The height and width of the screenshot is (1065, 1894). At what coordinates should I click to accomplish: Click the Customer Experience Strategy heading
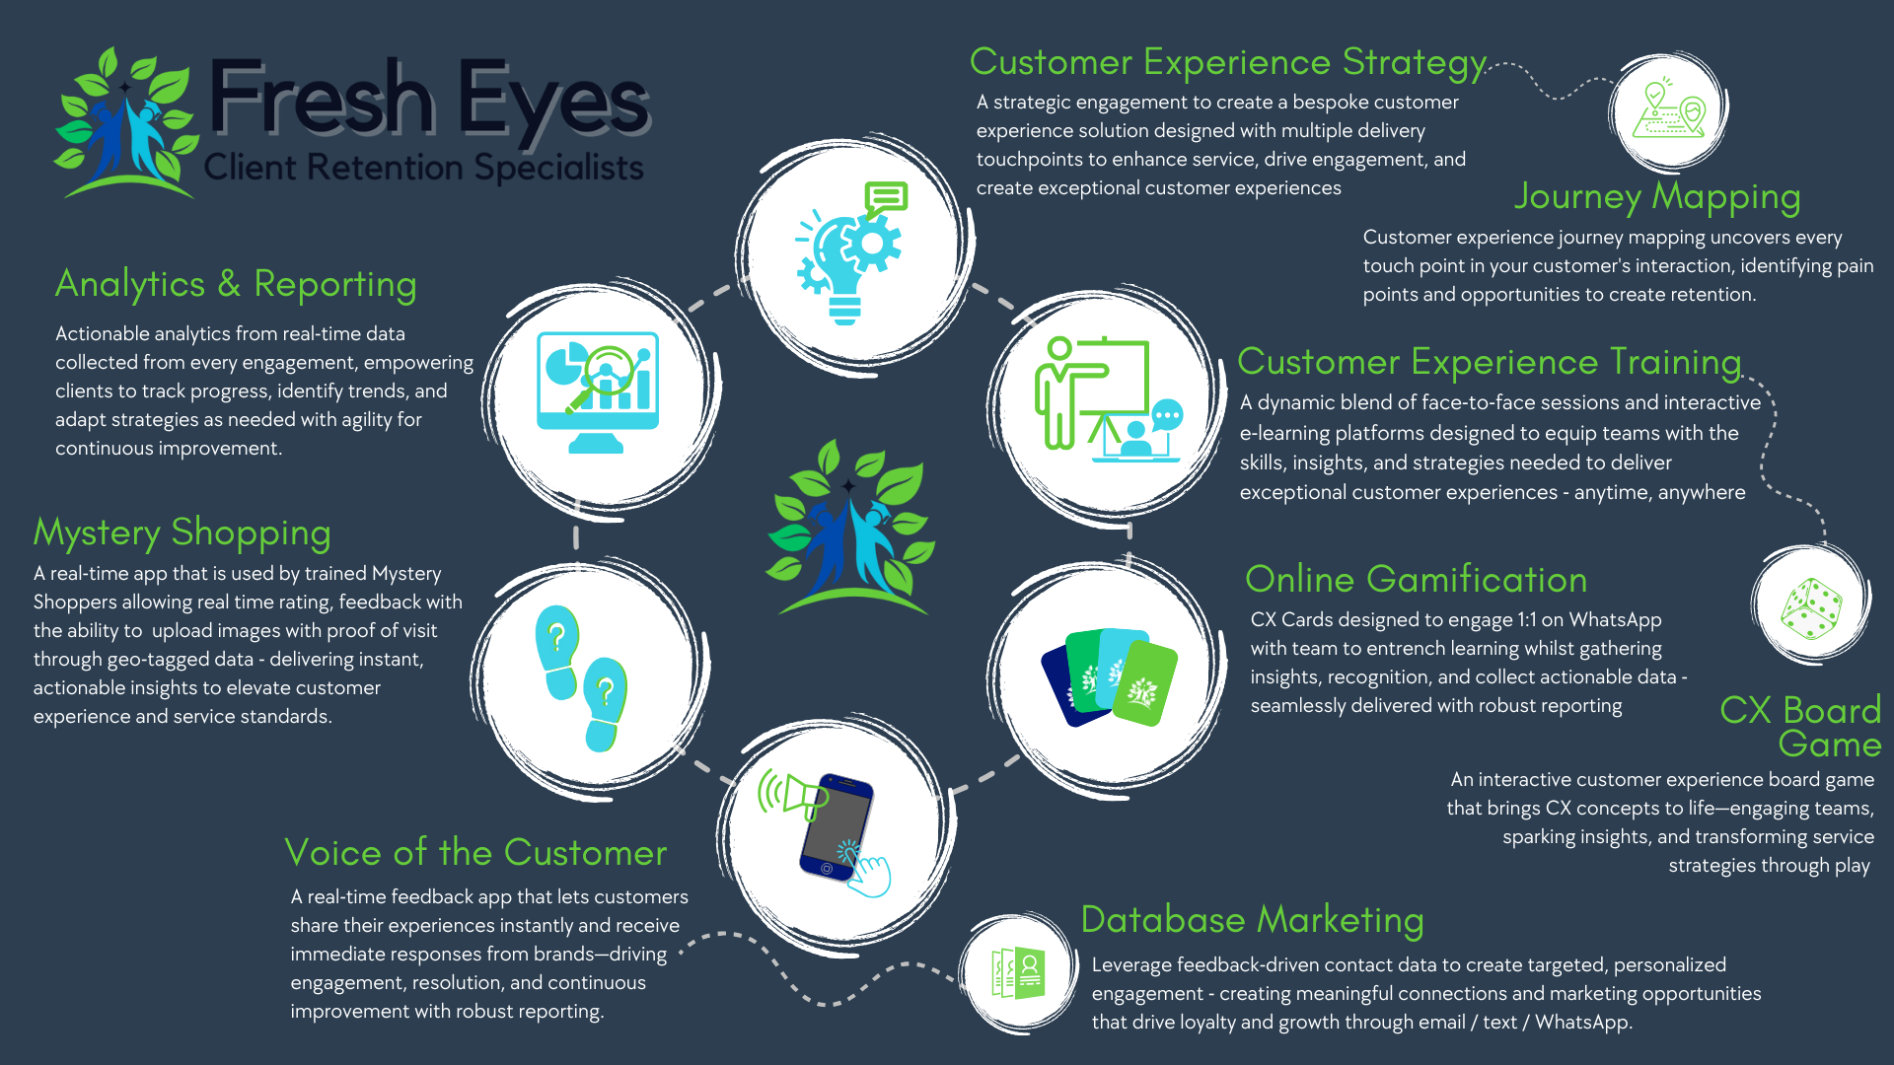[x=1228, y=62]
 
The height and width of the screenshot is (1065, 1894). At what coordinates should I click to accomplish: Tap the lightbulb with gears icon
[x=849, y=254]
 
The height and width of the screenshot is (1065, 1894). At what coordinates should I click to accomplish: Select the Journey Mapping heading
[x=1657, y=196]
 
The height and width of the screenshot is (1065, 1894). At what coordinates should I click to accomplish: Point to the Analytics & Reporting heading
[x=236, y=284]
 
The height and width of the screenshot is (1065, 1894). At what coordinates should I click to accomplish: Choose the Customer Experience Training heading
[x=1489, y=362]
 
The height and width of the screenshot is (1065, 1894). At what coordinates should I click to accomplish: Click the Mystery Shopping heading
[x=182, y=532]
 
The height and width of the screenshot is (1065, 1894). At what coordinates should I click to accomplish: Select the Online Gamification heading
[x=1416, y=580]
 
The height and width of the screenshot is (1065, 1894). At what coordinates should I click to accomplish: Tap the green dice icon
[x=1810, y=607]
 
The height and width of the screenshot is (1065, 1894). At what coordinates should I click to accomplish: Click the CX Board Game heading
[x=1801, y=727]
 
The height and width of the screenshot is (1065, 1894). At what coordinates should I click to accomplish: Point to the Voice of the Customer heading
[x=475, y=853]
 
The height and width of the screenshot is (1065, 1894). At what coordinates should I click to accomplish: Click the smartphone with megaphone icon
[x=829, y=830]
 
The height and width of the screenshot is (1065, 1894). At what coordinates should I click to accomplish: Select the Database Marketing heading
[x=1252, y=920]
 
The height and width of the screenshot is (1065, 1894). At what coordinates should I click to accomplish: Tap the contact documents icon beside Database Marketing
[x=1018, y=974]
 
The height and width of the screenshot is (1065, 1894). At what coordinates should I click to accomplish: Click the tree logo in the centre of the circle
[x=850, y=528]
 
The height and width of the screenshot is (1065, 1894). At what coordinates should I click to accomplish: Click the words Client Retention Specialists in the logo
[x=423, y=167]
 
